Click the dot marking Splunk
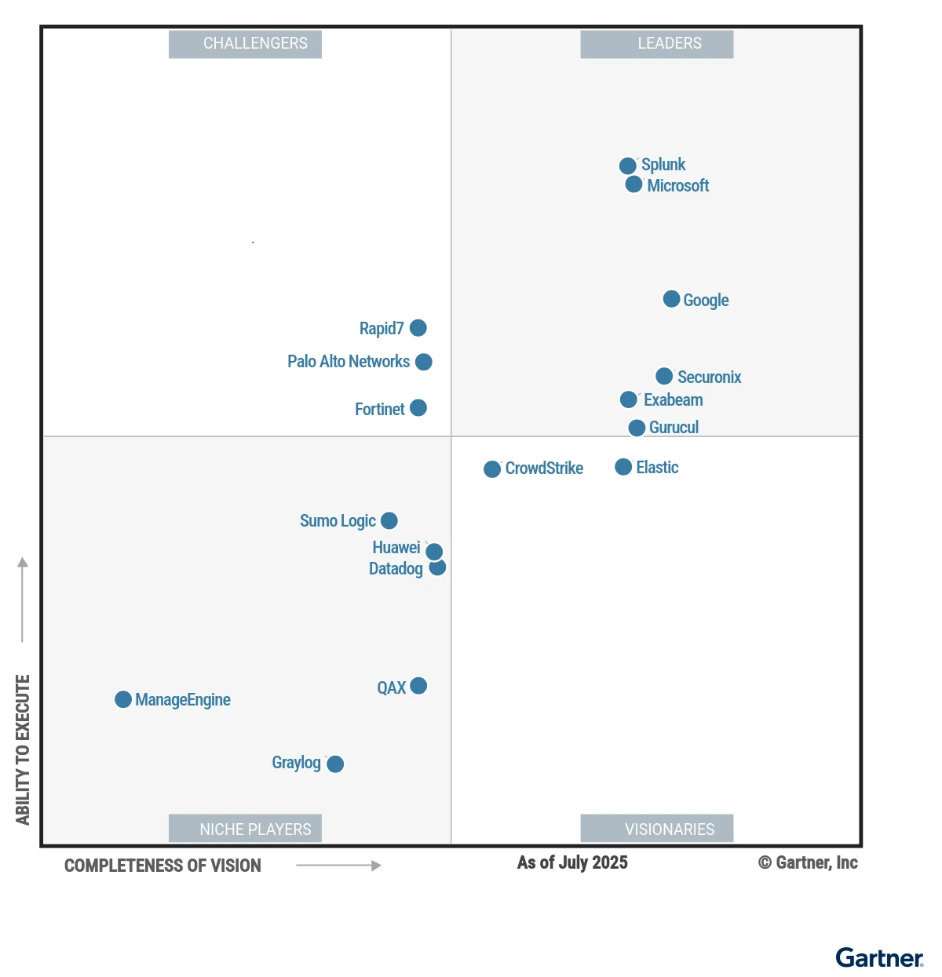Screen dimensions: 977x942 point(627,166)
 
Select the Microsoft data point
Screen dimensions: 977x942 point(633,184)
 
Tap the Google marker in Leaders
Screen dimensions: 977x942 point(671,299)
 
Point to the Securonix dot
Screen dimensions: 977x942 point(664,376)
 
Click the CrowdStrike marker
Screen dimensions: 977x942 point(492,469)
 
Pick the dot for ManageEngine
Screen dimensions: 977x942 point(123,699)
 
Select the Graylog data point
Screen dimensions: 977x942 point(335,764)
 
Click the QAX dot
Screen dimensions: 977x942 point(418,686)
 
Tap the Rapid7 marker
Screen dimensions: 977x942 point(418,328)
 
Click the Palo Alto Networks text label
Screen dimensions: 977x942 point(348,362)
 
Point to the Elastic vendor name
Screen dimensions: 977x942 point(657,468)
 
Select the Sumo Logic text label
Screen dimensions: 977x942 point(338,521)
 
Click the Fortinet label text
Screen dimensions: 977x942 point(379,410)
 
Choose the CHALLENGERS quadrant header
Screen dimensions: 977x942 point(245,44)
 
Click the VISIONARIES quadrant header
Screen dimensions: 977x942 point(657,829)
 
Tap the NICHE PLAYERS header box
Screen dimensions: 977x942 point(245,829)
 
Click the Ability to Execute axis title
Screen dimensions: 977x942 point(23,749)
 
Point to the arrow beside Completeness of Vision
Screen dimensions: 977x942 point(338,866)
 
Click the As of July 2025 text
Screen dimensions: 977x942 point(572,862)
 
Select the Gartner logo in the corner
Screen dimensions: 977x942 point(879,958)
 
